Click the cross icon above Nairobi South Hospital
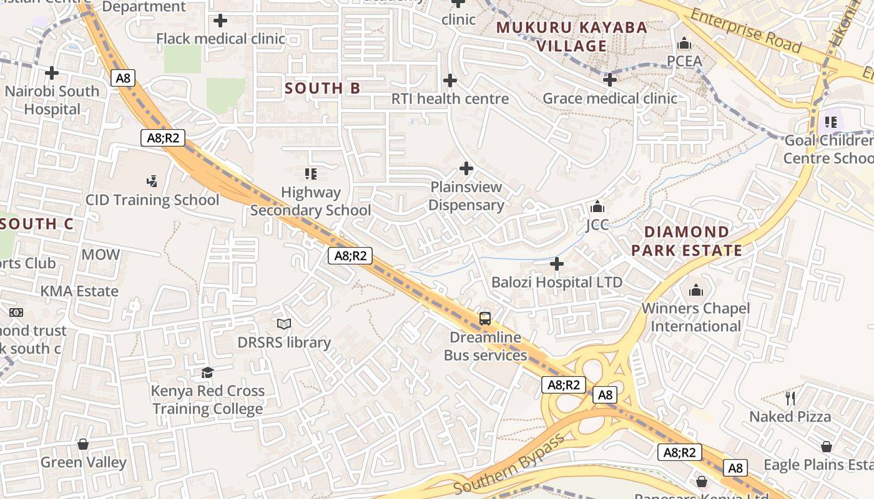pos(52,74)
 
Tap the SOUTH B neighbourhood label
pos(323,89)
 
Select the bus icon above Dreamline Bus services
pos(485,319)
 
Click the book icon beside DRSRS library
pos(284,324)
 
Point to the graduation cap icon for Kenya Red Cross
pos(207,373)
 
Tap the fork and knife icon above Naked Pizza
pos(790,398)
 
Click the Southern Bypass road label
pos(509,463)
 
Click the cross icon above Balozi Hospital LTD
pos(557,264)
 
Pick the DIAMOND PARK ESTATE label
pos(687,241)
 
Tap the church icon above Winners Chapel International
pos(695,291)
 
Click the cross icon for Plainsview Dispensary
pos(466,168)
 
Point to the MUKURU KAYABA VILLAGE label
pos(572,37)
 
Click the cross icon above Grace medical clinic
pos(610,80)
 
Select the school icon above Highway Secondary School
pos(310,173)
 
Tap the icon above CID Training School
pos(152,182)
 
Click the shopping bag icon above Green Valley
pos(83,444)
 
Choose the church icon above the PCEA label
pos(684,44)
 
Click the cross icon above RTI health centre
pos(449,80)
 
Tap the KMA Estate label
pos(79,291)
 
